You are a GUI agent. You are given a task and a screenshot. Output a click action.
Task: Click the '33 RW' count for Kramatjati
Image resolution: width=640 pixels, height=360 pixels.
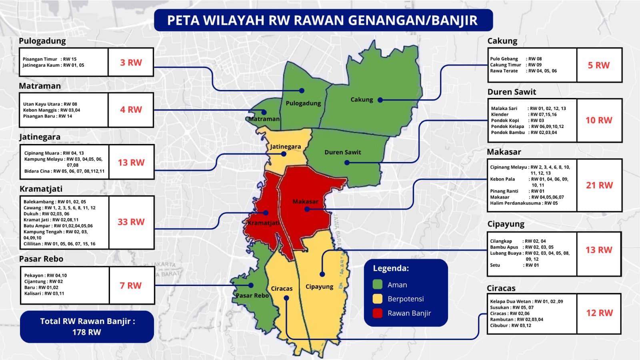[131, 222]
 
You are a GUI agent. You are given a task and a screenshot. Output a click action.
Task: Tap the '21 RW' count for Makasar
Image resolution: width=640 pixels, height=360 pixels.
[599, 185]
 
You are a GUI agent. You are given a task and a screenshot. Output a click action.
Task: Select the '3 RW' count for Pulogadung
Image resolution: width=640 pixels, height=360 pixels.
[131, 62]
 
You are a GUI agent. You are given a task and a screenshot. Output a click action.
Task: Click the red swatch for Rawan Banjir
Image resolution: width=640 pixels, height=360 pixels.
[378, 313]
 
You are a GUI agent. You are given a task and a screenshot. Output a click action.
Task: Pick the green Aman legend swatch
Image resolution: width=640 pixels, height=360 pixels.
[378, 284]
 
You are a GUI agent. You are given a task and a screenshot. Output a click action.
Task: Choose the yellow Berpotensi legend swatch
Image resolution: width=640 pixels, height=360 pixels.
[378, 299]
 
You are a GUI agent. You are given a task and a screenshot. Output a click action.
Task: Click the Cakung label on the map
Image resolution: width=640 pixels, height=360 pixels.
[362, 100]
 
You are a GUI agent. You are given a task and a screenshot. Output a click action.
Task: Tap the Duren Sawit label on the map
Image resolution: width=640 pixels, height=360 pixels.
[342, 152]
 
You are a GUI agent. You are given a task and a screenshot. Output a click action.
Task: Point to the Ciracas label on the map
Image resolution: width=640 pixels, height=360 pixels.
[282, 288]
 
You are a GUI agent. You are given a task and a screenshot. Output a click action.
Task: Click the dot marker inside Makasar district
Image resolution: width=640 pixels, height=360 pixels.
[307, 209]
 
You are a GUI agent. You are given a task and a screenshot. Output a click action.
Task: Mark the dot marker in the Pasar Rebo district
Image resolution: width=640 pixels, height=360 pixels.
[251, 285]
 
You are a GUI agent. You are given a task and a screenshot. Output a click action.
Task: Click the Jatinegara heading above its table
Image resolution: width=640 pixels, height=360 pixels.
[40, 137]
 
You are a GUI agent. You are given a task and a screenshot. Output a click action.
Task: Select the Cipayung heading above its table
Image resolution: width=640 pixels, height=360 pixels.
[506, 224]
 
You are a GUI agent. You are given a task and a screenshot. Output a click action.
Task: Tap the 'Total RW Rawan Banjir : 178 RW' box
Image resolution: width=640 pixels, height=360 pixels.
[87, 326]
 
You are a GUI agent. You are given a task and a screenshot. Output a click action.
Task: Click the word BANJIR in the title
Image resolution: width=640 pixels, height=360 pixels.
[454, 20]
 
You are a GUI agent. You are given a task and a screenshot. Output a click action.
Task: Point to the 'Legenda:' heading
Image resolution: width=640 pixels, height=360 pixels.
[391, 268]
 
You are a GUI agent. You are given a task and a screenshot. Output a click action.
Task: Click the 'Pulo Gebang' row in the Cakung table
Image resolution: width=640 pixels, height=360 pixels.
[516, 59]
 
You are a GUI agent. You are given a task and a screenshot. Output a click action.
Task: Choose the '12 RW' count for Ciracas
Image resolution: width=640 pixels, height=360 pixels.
[599, 313]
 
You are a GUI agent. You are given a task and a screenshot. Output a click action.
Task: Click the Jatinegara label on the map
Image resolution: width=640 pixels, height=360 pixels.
[285, 146]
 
